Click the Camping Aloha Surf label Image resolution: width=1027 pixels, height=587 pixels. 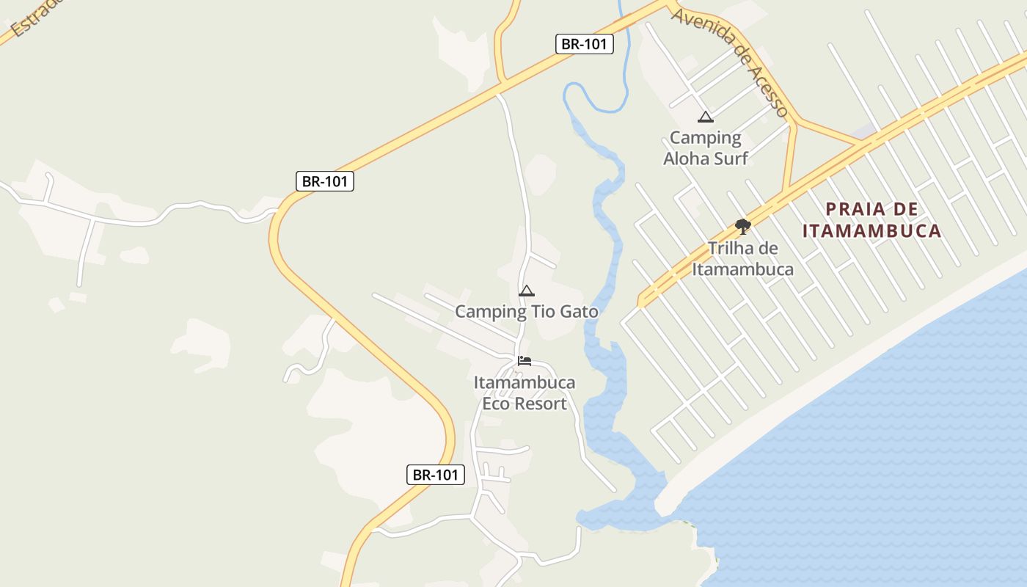point(706,147)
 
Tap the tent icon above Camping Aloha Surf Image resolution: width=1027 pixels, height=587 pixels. point(706,117)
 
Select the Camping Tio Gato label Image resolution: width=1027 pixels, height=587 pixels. point(526,312)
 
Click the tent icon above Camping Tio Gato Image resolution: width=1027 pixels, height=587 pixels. point(526,291)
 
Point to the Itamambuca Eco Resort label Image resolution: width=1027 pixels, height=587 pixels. point(525,393)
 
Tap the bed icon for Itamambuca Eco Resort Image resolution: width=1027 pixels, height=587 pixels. point(525,361)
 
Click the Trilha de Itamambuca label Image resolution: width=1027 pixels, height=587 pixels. point(742,259)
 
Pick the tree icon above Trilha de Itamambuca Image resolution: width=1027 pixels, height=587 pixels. point(742,226)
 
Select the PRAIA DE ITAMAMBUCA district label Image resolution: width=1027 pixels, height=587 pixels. point(871,220)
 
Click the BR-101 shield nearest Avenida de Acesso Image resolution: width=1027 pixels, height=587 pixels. point(584,44)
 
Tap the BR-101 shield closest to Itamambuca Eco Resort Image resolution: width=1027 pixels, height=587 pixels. point(436,475)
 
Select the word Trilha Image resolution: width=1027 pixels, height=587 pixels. point(731,249)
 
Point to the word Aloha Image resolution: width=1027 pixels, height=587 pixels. point(685,158)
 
